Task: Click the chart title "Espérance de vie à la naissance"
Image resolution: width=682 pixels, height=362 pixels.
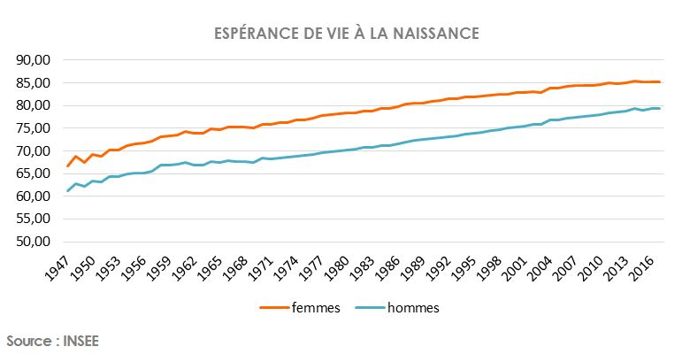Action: pyautogui.click(x=347, y=34)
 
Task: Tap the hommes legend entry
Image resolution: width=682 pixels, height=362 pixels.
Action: pyautogui.click(x=402, y=308)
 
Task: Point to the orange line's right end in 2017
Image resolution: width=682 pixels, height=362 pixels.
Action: pyautogui.click(x=660, y=82)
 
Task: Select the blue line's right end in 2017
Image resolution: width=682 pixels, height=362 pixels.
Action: pyautogui.click(x=660, y=108)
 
